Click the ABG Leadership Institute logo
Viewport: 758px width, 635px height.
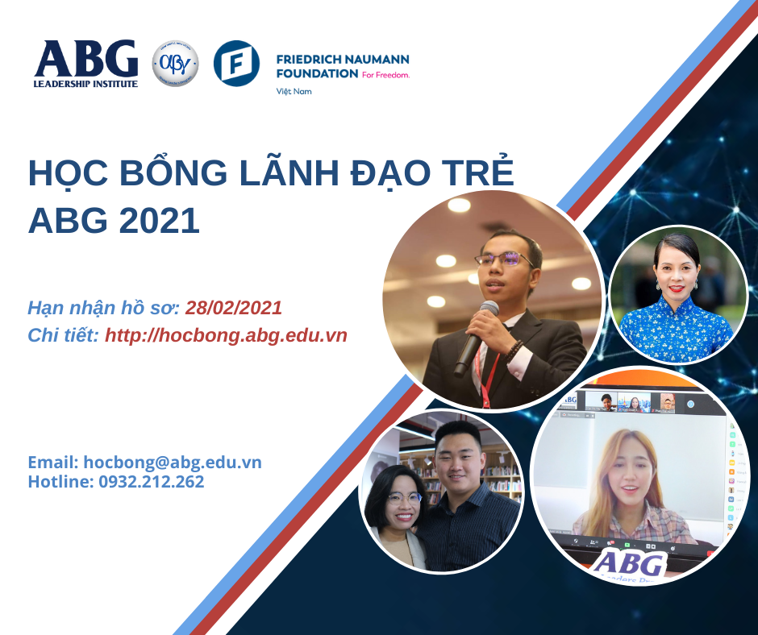85,63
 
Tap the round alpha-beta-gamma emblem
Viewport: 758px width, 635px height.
175,63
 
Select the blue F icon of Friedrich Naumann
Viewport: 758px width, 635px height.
236,63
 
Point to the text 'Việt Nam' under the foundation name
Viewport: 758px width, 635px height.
294,91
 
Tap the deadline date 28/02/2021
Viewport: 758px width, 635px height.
234,307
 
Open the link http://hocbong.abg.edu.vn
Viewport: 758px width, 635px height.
226,335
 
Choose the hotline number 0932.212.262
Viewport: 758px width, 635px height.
152,482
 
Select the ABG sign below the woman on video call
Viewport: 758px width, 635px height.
629,562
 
